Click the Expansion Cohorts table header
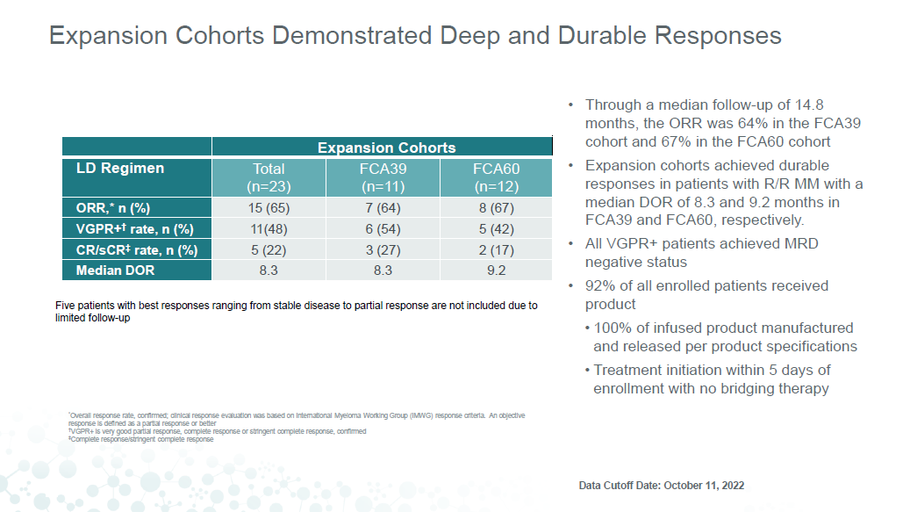point(386,148)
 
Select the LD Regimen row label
point(120,169)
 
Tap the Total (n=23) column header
point(269,177)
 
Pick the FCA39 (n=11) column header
point(383,177)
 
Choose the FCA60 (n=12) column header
point(496,177)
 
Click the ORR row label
point(113,208)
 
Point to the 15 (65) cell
point(269,208)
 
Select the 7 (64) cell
point(383,208)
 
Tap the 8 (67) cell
point(496,208)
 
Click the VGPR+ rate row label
point(134,228)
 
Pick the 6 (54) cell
point(383,229)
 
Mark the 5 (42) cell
point(496,229)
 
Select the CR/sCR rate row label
point(137,250)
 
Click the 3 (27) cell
point(383,250)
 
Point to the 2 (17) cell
point(496,250)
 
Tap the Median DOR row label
point(116,270)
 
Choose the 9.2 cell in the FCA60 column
point(496,270)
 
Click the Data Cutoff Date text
point(662,486)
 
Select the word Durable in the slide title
point(602,35)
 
